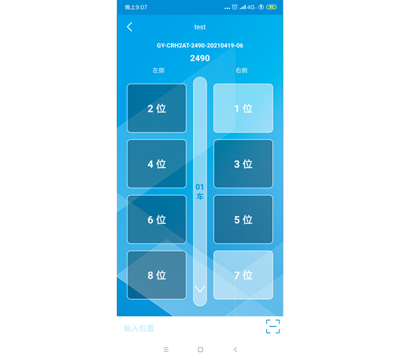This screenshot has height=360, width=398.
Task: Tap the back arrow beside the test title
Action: tap(130, 27)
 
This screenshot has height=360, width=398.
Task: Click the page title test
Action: tap(200, 27)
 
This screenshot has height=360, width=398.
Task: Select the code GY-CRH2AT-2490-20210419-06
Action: tap(200, 46)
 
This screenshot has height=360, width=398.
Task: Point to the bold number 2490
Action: tap(200, 58)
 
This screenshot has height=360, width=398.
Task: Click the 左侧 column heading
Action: tap(158, 70)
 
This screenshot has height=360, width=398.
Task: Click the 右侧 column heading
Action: tap(241, 70)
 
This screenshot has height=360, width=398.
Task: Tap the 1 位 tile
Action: tap(243, 108)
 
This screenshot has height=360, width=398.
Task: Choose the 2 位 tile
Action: tap(157, 108)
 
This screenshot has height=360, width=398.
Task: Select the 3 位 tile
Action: tap(243, 163)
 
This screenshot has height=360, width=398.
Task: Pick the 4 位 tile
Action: tap(157, 163)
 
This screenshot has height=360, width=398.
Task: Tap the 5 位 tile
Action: tap(243, 219)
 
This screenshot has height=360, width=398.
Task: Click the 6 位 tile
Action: tap(157, 219)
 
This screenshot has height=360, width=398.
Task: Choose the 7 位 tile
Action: tap(243, 275)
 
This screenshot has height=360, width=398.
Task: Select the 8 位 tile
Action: tap(157, 275)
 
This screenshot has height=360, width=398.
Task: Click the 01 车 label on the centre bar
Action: tap(200, 192)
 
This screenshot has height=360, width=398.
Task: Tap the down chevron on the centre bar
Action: tap(200, 289)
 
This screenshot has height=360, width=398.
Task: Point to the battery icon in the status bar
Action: tap(271, 7)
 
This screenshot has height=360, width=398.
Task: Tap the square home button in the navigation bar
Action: tap(201, 349)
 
